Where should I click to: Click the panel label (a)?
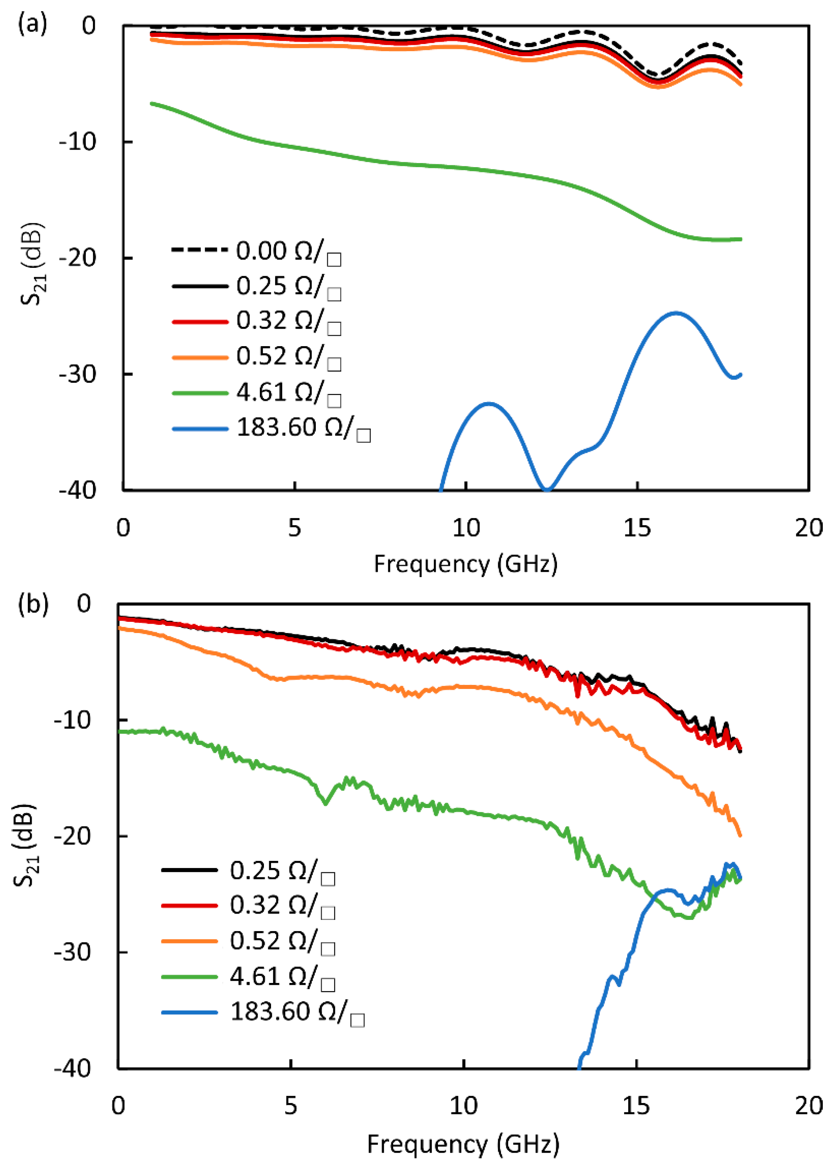(32, 24)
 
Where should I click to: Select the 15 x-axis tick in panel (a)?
(637, 527)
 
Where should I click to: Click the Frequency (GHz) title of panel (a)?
(465, 564)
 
